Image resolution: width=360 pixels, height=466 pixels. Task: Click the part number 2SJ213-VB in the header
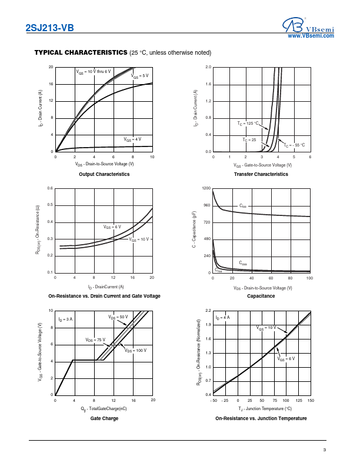click(50, 27)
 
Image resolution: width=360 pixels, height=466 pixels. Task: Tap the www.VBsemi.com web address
click(311, 36)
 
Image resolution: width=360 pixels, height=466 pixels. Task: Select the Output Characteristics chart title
click(104, 174)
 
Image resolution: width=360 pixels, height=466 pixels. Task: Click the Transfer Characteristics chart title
click(261, 174)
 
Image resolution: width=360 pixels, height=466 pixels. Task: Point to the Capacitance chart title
click(261, 296)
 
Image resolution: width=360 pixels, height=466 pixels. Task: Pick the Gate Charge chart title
click(104, 418)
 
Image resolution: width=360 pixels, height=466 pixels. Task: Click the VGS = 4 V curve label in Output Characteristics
click(132, 139)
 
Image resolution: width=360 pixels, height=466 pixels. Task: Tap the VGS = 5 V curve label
click(140, 76)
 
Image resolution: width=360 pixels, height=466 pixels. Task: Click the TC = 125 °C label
click(248, 124)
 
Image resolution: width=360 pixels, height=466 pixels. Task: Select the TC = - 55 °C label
click(294, 145)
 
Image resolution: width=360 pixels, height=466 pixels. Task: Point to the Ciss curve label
click(243, 206)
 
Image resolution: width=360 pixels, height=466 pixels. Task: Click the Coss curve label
click(244, 263)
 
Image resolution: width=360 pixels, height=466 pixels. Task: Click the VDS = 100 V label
click(135, 351)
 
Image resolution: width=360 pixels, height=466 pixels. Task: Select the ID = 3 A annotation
click(66, 319)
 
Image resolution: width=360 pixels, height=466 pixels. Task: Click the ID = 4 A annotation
click(223, 318)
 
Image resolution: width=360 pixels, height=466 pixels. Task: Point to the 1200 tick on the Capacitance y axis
click(206, 188)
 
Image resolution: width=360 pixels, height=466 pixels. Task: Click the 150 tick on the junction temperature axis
click(311, 400)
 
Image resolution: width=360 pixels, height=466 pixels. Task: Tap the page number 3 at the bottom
click(324, 451)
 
